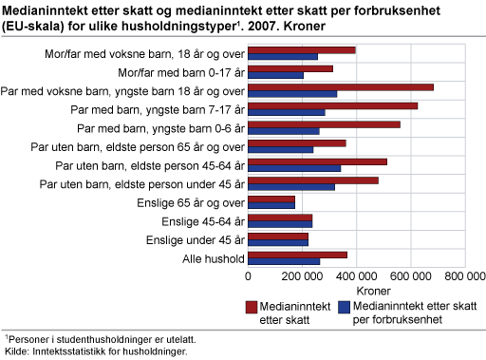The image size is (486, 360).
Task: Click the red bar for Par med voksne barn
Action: point(340,87)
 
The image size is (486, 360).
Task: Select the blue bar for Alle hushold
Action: point(284,261)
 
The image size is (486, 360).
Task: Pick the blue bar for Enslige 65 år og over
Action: point(271,204)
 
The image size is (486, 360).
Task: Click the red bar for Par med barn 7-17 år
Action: point(332,105)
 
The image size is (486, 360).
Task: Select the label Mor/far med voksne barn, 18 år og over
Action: point(145,53)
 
